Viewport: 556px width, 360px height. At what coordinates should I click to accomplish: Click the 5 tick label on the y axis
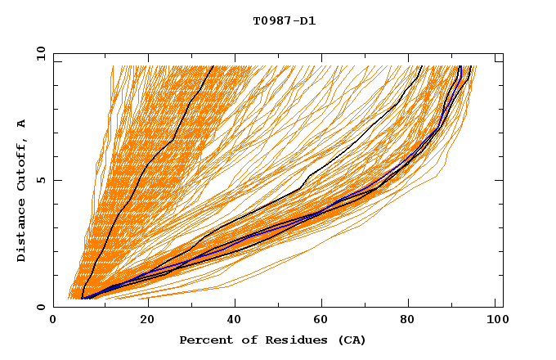pos(40,180)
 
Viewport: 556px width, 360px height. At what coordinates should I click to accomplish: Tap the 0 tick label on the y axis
pos(40,307)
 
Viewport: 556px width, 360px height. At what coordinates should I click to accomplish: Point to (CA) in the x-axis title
pos(350,340)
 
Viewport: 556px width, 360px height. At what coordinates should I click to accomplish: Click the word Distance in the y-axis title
pos(22,231)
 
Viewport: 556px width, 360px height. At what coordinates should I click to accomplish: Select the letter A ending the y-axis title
pos(22,124)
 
